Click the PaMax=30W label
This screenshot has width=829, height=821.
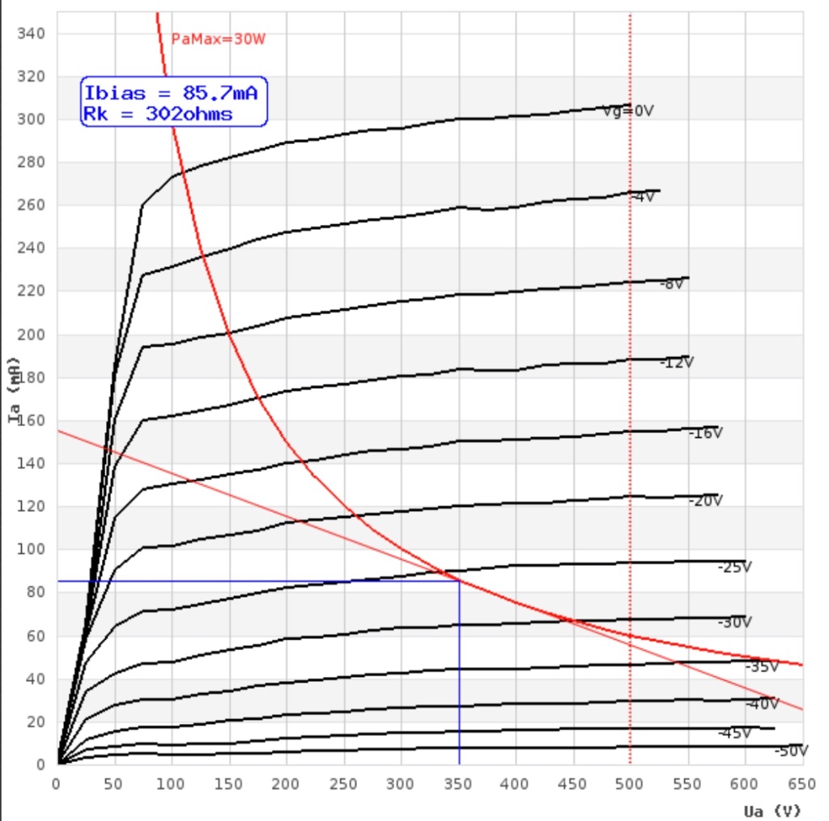pos(218,39)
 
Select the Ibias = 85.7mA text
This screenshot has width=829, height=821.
pos(171,94)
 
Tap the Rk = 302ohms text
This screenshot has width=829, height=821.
pos(157,114)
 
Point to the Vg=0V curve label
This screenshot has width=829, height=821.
pos(627,112)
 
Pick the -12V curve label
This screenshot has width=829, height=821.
pos(676,362)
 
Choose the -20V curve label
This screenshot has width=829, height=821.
pos(705,501)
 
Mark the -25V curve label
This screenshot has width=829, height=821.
pos(734,568)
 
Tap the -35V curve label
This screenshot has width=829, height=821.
pos(762,667)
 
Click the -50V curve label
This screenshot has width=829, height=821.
pos(791,751)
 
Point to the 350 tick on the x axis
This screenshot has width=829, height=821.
pos(458,783)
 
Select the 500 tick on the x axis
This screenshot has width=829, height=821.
pos(630,783)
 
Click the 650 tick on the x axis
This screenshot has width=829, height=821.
pos(801,783)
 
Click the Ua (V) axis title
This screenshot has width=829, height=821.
pos(772,810)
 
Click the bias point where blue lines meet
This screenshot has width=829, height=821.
pos(459,581)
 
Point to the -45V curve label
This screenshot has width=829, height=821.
pos(734,734)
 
